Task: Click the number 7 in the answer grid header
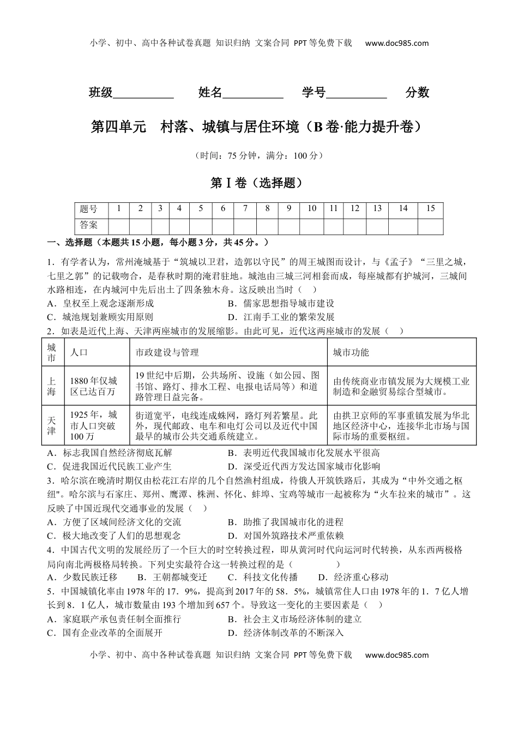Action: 245,208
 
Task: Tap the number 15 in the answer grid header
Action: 430,208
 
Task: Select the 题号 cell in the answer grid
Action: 89,209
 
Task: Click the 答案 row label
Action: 89,225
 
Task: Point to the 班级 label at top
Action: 101,93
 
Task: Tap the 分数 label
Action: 417,93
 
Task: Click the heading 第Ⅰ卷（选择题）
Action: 256,183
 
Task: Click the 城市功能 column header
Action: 351,352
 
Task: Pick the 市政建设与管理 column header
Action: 167,352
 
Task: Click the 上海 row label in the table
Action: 52,386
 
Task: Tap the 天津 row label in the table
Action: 52,425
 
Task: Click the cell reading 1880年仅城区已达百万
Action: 94,386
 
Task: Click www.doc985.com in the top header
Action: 396,44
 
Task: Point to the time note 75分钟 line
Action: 259,156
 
